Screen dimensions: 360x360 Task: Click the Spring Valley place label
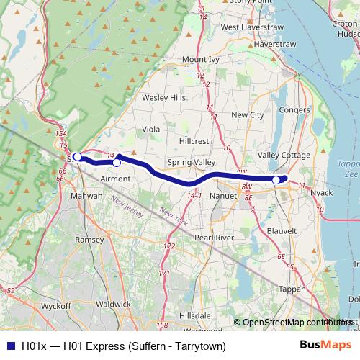(x=191, y=163)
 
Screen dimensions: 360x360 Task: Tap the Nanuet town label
(x=223, y=195)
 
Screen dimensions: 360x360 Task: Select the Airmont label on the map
(x=115, y=178)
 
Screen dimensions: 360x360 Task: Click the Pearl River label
(x=215, y=237)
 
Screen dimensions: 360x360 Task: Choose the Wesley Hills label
(x=163, y=97)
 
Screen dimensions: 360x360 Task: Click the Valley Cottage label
(x=284, y=156)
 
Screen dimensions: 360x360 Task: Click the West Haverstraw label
(x=249, y=27)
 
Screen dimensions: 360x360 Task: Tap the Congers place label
(x=292, y=110)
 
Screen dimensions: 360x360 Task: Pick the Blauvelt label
(x=282, y=230)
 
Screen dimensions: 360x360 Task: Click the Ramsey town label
(x=89, y=239)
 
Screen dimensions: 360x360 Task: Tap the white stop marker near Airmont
(x=117, y=163)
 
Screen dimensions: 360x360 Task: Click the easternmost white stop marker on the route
(x=276, y=179)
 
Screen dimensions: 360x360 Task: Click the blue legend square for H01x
(x=11, y=346)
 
